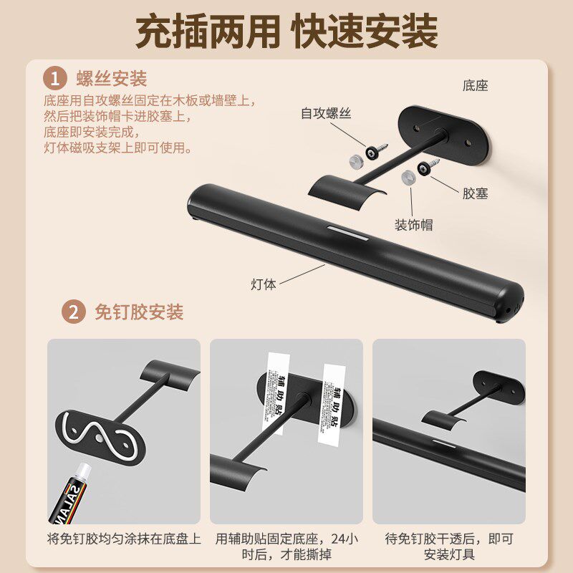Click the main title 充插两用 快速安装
tap(286, 32)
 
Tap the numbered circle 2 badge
tap(72, 312)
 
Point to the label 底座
tap(475, 86)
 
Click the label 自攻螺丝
tap(326, 113)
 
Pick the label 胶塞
tap(475, 193)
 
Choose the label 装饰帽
tap(413, 225)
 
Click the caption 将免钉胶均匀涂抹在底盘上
tap(124, 539)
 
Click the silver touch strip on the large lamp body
tap(345, 232)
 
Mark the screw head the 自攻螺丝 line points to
tap(373, 150)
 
